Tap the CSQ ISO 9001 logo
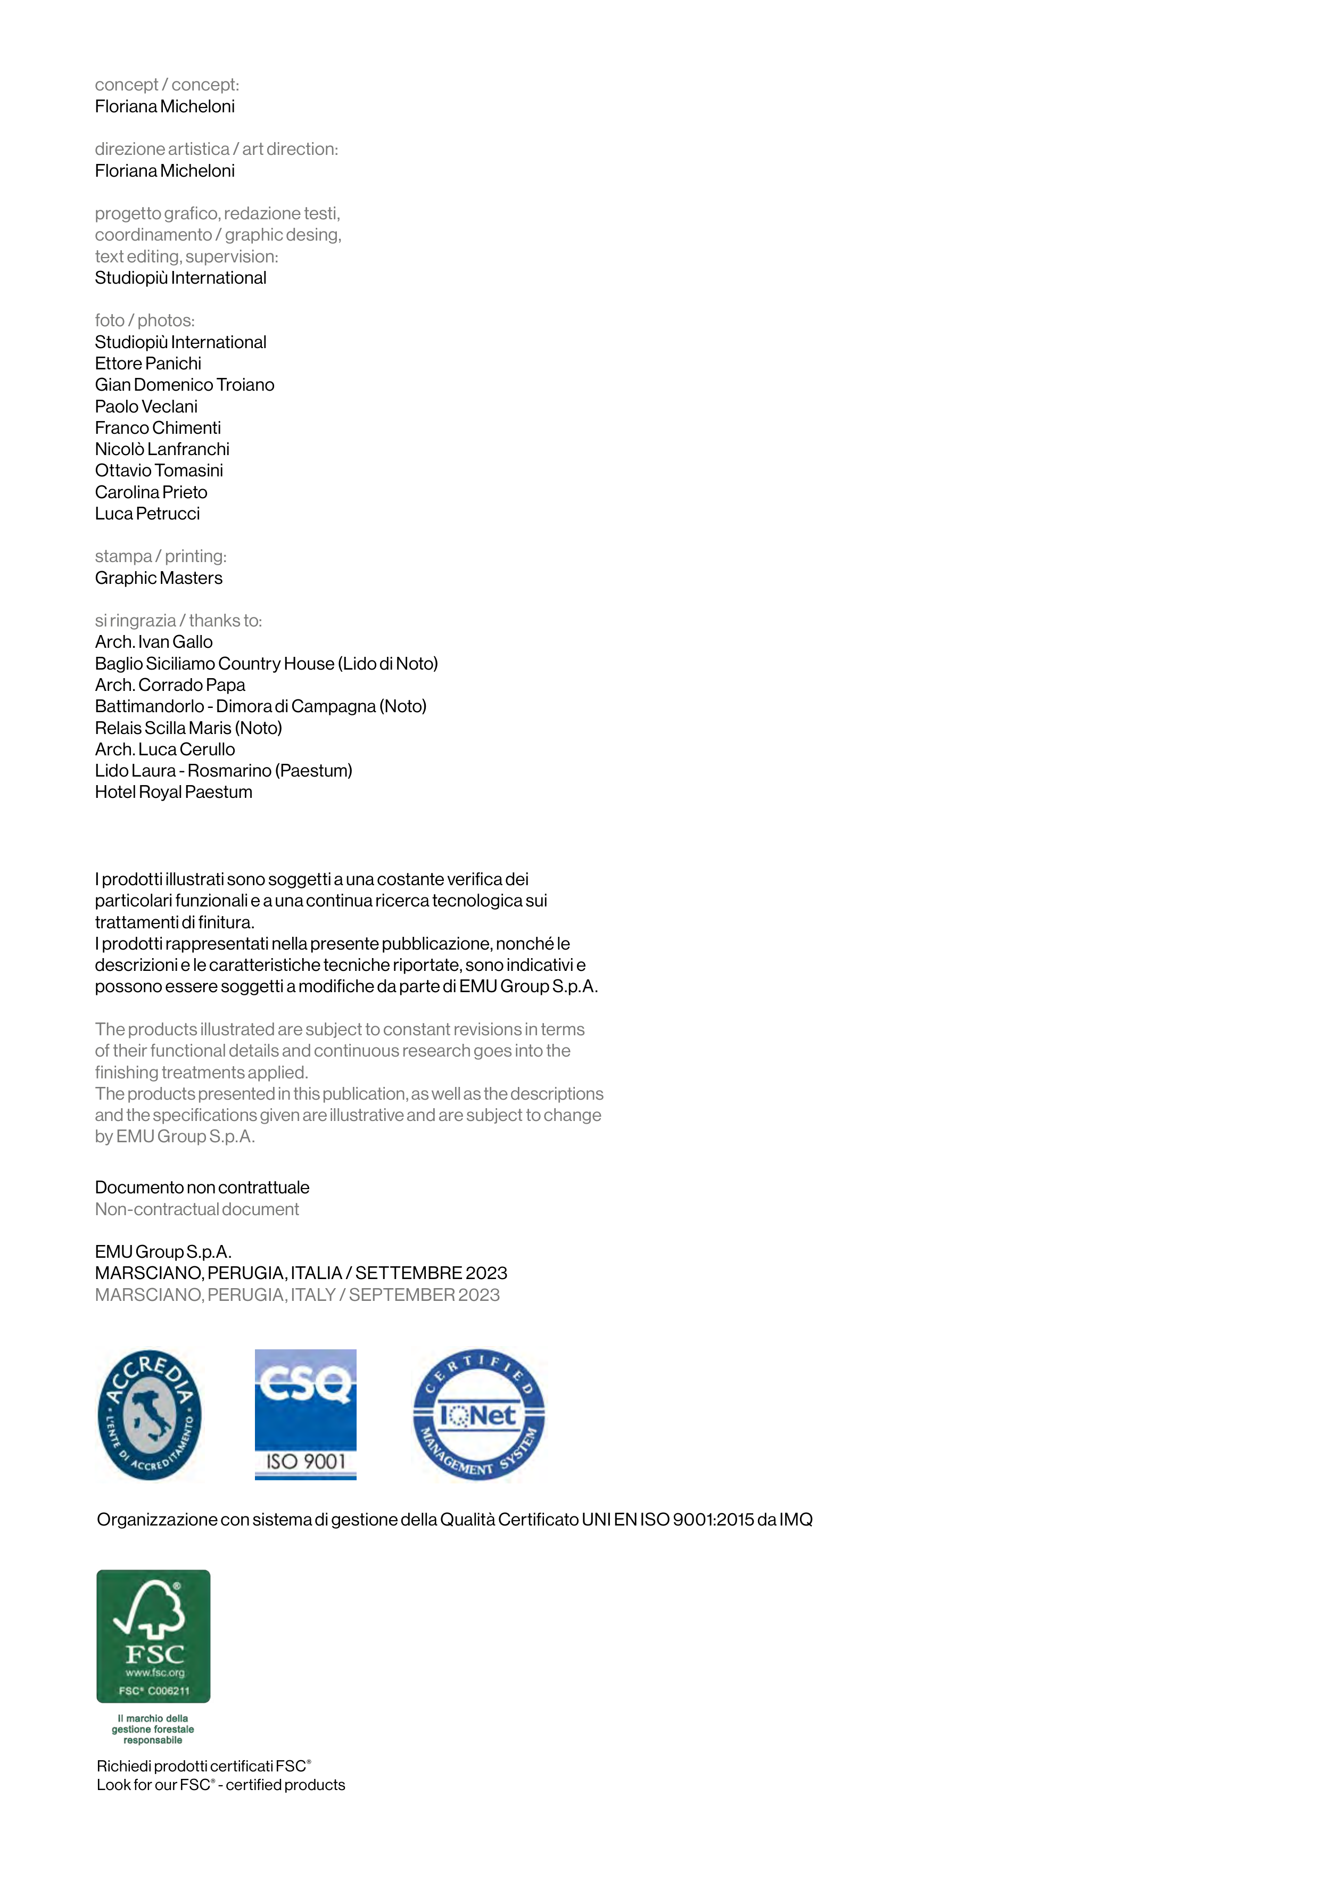[x=306, y=1414]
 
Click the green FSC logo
[x=153, y=1635]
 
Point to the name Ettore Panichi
[x=148, y=364]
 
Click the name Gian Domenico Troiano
[x=184, y=385]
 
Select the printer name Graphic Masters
[x=159, y=578]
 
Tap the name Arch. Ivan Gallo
[x=154, y=642]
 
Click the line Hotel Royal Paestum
[x=174, y=792]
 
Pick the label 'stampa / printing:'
[x=161, y=556]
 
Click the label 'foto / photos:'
[x=145, y=320]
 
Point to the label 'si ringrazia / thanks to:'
[x=178, y=621]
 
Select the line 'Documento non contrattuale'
[x=202, y=1188]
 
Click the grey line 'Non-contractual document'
[x=196, y=1209]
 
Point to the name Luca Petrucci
[x=147, y=514]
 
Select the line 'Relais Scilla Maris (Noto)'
[x=188, y=728]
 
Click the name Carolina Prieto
[x=152, y=492]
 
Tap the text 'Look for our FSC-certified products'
[x=221, y=1785]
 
